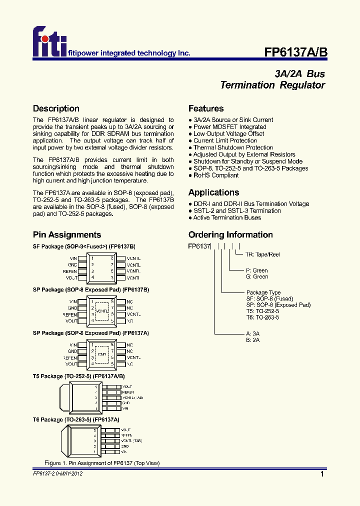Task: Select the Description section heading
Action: coord(56,108)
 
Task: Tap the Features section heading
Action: coord(206,108)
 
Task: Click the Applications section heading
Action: coord(213,192)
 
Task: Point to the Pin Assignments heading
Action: coord(67,234)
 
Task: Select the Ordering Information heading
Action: coord(230,234)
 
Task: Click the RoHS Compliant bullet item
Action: coord(213,175)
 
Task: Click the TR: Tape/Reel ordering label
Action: coord(262,254)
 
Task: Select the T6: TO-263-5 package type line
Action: coord(262,317)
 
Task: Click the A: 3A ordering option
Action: coord(253,333)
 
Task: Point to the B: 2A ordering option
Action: coord(253,340)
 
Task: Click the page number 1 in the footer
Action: coord(322,474)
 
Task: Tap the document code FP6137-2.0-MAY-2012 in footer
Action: coord(58,473)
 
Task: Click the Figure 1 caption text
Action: coord(102,463)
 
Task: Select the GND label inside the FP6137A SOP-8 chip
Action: coord(102,354)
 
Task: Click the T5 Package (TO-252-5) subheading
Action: coord(79,376)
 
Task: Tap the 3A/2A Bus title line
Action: coord(300,73)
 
